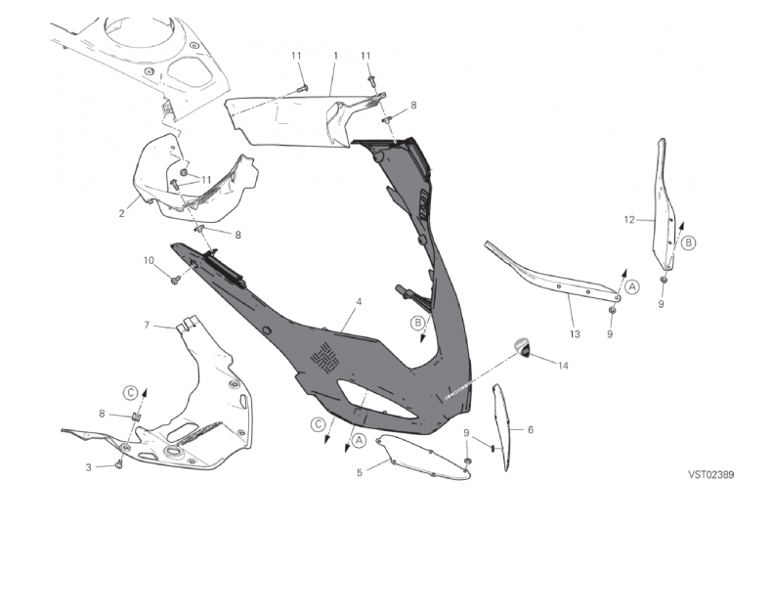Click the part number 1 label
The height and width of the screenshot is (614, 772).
coord(336,56)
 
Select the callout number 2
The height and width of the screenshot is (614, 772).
coord(121,213)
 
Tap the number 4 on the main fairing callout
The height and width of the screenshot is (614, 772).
coord(359,301)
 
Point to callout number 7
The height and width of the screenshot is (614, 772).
coord(147,325)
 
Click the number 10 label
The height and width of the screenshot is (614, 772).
coord(149,260)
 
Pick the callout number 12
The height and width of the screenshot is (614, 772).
coord(629,220)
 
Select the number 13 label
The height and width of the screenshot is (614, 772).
coord(575,334)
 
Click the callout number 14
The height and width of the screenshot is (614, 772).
coord(563,365)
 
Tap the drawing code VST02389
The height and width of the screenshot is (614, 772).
coord(711,474)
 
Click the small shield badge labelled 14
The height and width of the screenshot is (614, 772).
coord(523,347)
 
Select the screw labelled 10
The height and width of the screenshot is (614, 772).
coord(174,280)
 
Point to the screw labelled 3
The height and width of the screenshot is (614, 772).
coord(118,463)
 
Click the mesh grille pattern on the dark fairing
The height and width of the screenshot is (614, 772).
coord(325,357)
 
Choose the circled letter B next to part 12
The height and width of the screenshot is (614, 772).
coord(688,242)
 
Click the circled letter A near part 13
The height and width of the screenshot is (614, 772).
coord(632,286)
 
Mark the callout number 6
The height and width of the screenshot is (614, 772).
coord(531,429)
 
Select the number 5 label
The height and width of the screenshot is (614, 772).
coord(360,472)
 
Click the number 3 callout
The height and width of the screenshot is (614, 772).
coord(89,467)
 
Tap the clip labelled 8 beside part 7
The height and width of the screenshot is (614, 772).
coord(135,417)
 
